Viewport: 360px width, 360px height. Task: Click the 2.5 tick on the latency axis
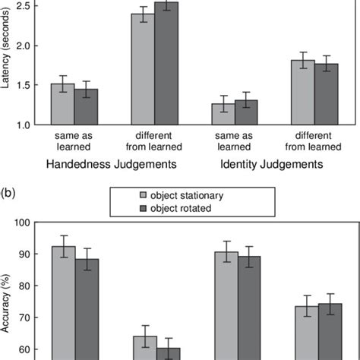[x=27, y=6]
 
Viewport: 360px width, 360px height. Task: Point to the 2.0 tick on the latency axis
[x=27, y=46]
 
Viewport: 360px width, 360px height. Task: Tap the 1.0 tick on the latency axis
[x=27, y=125]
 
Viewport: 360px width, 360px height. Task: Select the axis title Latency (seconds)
[x=7, y=61]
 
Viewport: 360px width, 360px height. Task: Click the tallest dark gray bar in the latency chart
[x=167, y=65]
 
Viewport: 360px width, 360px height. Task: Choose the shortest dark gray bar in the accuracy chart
[x=167, y=354]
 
